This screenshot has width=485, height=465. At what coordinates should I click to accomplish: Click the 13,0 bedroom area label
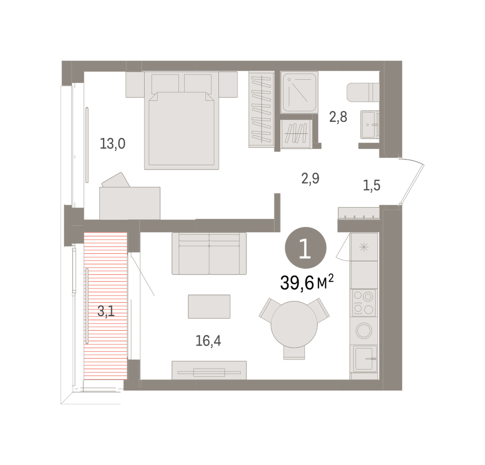(x=112, y=144)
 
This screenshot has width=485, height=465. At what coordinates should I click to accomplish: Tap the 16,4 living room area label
(x=208, y=340)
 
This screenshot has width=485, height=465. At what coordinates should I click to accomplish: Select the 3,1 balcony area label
(x=106, y=311)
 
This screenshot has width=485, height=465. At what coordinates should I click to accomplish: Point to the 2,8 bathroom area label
(x=338, y=117)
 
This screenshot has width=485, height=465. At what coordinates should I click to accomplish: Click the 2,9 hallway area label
(x=310, y=178)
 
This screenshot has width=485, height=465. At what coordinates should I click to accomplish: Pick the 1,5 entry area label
(x=371, y=185)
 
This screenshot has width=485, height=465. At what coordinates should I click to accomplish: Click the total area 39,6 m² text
(x=307, y=282)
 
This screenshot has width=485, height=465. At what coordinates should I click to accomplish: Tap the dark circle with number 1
(x=306, y=248)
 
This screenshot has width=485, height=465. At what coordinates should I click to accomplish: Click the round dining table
(x=294, y=325)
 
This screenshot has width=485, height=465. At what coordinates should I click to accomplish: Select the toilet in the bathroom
(x=363, y=92)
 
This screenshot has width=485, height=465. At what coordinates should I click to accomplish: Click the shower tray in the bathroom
(x=299, y=92)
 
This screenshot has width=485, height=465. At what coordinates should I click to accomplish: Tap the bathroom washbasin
(x=370, y=125)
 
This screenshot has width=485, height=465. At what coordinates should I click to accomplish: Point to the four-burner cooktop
(x=364, y=303)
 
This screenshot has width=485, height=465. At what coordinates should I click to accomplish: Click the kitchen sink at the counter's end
(x=364, y=359)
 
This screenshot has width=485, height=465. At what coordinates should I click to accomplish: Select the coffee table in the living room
(x=209, y=306)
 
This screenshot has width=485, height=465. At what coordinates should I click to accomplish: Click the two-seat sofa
(x=209, y=254)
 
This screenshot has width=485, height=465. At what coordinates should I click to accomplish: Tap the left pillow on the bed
(x=165, y=84)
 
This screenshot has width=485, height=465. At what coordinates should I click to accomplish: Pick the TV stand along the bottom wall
(x=209, y=370)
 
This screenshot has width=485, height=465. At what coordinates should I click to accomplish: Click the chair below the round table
(x=294, y=353)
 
